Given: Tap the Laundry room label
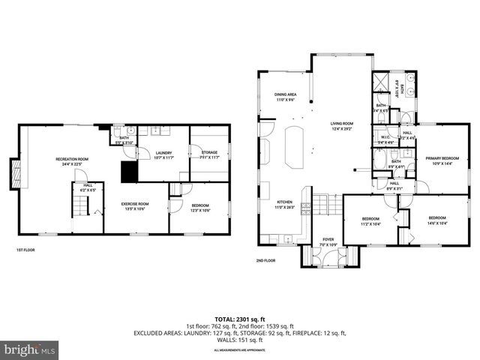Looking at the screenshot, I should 164,155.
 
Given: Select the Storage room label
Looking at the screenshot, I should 209,155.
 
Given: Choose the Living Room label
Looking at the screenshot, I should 342,125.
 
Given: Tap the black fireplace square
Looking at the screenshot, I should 130,172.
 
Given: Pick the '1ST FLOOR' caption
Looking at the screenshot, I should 25,250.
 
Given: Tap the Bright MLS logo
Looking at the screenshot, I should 29,349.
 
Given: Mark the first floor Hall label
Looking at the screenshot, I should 88,187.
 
